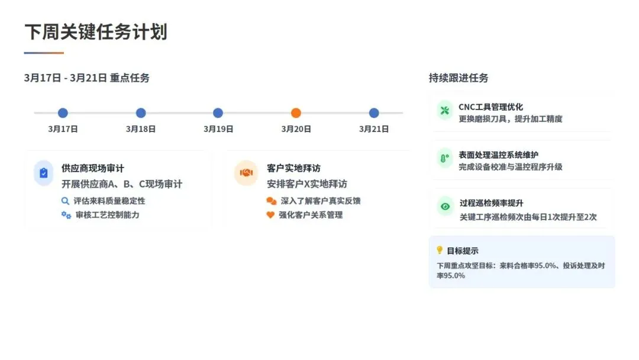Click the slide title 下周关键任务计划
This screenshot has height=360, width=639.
click(95, 32)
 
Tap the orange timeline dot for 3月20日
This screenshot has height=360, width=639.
click(296, 113)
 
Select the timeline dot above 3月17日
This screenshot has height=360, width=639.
click(63, 113)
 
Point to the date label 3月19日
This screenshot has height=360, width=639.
click(218, 129)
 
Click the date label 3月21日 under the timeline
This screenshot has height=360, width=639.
click(373, 129)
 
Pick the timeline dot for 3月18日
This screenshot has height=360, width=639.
click(141, 113)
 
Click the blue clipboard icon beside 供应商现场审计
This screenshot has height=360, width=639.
click(43, 173)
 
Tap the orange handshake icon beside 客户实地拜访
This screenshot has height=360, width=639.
click(246, 173)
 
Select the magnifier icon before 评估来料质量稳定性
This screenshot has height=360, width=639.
click(66, 201)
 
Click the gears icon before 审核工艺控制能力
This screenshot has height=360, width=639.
click(66, 215)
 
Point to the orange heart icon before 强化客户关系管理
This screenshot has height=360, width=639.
click(270, 215)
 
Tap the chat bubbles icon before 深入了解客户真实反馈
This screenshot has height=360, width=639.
click(271, 201)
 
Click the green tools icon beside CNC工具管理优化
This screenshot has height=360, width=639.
click(444, 111)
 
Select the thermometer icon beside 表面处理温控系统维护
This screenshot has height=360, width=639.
click(444, 159)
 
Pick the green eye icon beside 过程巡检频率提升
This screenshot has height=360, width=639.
click(444, 207)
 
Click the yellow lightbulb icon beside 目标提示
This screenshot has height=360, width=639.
click(440, 250)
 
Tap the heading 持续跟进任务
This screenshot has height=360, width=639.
click(459, 78)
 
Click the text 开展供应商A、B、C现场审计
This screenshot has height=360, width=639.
click(122, 184)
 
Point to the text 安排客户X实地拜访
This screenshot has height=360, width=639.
click(307, 184)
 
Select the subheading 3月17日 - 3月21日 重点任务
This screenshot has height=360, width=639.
click(87, 78)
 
